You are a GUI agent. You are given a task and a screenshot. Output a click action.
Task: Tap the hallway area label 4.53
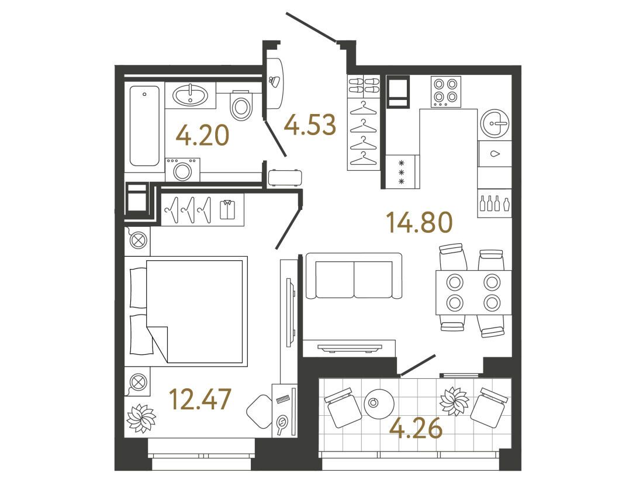(x=310, y=125)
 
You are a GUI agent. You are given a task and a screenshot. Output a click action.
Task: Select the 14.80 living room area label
(x=419, y=223)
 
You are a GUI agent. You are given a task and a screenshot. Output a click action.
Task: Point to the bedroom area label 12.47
(x=200, y=399)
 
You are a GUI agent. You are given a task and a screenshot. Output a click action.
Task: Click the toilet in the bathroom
(x=241, y=105)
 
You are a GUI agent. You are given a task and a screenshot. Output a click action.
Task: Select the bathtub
(x=144, y=126)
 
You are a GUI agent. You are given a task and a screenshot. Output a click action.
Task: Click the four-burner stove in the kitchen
(x=446, y=92)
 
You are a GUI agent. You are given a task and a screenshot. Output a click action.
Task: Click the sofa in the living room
(x=354, y=275)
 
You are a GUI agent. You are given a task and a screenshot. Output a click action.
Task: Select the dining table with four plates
(x=473, y=292)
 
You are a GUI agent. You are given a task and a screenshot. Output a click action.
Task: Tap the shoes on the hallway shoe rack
(x=364, y=85)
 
